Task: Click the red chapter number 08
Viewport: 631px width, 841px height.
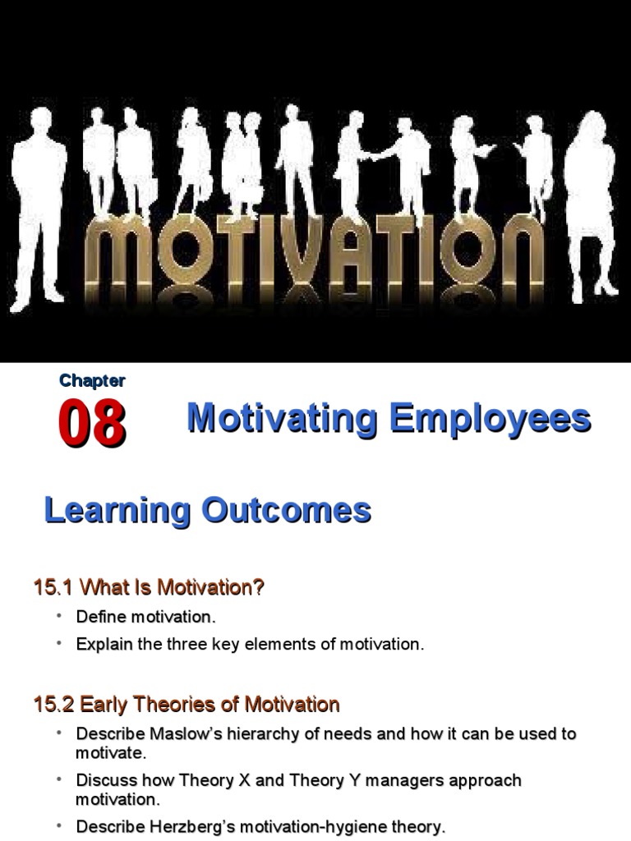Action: pos(92,425)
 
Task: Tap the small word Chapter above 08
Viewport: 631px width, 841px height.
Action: pos(92,380)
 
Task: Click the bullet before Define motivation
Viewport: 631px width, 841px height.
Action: pos(60,615)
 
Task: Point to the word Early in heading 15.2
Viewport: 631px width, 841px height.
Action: pos(104,705)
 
